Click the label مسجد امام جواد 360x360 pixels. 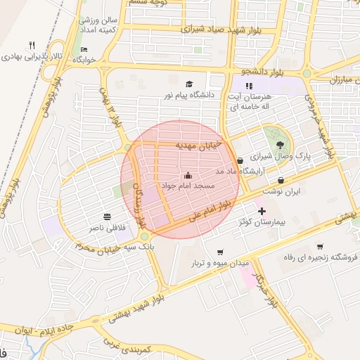tap(186, 186)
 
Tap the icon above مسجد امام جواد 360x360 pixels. tap(187, 176)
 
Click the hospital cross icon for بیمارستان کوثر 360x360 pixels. tap(262, 211)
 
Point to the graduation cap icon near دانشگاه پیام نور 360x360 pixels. tap(188, 84)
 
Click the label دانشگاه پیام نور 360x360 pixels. tap(188, 94)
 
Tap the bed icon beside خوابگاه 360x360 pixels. tap(84, 49)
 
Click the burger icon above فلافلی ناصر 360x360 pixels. tap(106, 216)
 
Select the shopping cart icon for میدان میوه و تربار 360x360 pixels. tap(220, 252)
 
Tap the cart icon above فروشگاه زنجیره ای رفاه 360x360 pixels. tap(320, 246)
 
